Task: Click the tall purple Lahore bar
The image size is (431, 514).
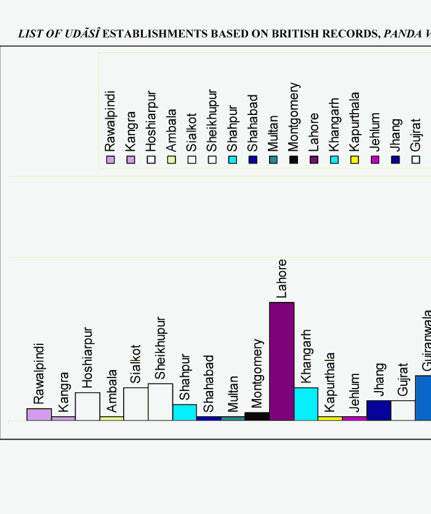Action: pos(281,361)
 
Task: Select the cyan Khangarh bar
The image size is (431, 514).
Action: pos(306,404)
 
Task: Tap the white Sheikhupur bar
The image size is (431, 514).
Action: pos(161,401)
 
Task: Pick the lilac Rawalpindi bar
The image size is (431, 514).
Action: pos(39,414)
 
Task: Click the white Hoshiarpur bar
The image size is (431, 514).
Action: pos(87,406)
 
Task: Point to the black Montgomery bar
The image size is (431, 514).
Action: pos(257,416)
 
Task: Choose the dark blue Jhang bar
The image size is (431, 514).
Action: pos(379,410)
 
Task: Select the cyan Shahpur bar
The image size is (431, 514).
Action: pos(185,412)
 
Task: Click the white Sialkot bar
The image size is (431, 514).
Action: pos(135,403)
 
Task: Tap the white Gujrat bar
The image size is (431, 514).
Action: pos(403,410)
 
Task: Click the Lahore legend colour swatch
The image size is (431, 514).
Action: pos(314,160)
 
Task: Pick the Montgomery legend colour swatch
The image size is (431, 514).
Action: pos(294,160)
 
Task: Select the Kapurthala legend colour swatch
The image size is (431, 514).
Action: pos(354,160)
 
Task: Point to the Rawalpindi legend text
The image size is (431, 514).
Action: pos(110,121)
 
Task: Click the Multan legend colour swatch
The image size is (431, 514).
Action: pos(273,160)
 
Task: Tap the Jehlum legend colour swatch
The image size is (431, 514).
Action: pos(375,160)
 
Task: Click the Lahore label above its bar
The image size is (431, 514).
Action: pos(281,279)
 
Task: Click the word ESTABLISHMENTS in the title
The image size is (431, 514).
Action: pos(155,34)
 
